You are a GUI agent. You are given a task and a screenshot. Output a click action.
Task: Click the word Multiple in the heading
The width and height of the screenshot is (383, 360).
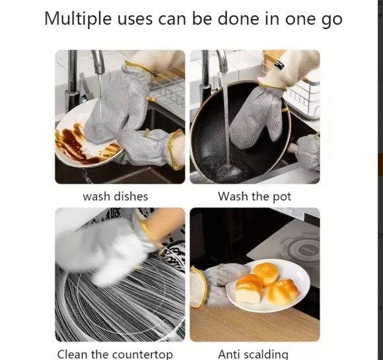(x=78, y=19)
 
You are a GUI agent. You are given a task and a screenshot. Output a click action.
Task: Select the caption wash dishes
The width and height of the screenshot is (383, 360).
(x=116, y=196)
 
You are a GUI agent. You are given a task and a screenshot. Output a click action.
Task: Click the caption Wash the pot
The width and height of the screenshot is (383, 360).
(x=254, y=196)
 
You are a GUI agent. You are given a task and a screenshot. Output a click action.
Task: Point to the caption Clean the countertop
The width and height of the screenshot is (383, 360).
(x=115, y=354)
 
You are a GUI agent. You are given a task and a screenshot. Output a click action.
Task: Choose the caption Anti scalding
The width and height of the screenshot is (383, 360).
(x=253, y=354)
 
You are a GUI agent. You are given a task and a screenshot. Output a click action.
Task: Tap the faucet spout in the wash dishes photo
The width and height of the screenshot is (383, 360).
(x=98, y=62)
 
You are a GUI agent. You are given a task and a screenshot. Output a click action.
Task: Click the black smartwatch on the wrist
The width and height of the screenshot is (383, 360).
(x=279, y=65)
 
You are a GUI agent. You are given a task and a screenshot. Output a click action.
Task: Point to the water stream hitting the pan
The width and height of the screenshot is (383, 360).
(x=226, y=118)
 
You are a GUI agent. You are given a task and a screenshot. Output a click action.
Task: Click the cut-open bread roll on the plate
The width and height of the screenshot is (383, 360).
(x=249, y=289)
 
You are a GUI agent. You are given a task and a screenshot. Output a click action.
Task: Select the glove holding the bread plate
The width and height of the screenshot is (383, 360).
(x=216, y=286)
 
